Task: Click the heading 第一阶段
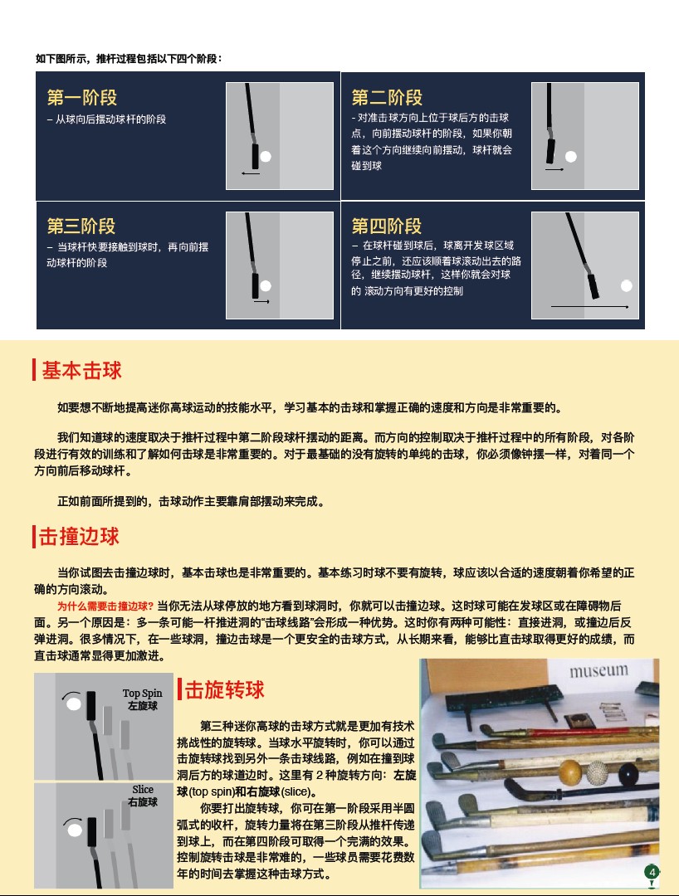coord(81,98)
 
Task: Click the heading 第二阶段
coord(386,98)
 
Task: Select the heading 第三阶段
coord(81,226)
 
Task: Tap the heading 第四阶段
coord(386,226)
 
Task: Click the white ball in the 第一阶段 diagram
coord(265,156)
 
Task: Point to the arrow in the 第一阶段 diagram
coord(250,173)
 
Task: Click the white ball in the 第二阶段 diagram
coord(570,156)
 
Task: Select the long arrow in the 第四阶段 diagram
coord(589,307)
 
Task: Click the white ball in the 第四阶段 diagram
coord(627,285)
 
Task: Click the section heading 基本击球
coord(81,370)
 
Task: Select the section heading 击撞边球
coord(80,537)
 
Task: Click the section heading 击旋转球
coord(224,689)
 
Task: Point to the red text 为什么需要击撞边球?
coord(105,606)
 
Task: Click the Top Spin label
coord(142,694)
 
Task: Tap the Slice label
coord(143,790)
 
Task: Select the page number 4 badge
coord(652,871)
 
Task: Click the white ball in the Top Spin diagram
coord(73,704)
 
